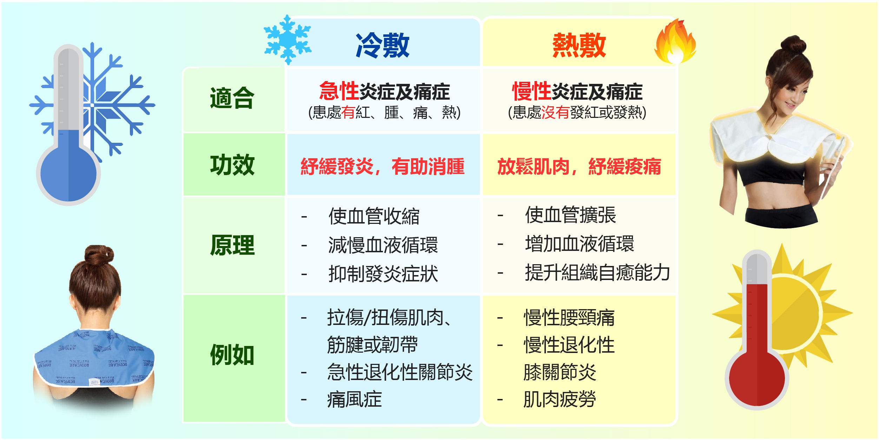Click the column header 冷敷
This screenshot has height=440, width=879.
382,45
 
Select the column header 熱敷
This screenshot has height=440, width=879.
579,45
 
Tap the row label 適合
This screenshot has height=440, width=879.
232,98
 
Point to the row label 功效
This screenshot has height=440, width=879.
232,165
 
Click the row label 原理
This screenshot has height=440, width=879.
232,245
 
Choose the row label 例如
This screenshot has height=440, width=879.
232,355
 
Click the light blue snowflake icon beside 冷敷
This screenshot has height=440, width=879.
288,39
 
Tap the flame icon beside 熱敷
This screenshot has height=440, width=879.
675,41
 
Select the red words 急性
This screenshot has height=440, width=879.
339,91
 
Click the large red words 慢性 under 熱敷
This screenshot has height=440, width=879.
531,91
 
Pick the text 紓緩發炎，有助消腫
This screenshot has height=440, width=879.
382,166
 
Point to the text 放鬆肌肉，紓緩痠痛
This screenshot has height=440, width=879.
579,166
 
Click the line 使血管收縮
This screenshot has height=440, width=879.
374,216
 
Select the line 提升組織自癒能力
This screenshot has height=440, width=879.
597,272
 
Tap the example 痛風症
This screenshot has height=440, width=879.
355,399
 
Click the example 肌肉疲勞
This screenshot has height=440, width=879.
560,399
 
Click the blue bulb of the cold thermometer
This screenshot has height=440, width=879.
68,174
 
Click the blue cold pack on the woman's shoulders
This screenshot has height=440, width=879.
94,358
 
